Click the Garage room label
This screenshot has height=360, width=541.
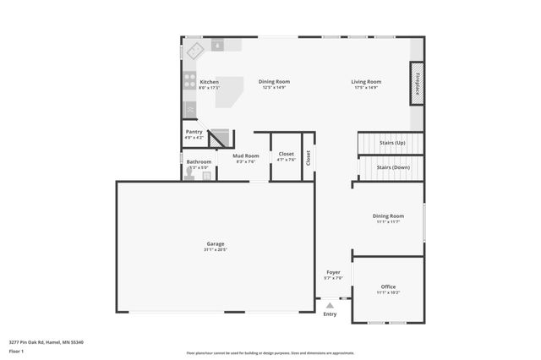pos(216,243)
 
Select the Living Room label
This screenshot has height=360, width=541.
pos(366,82)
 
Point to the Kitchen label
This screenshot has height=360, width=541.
pos(209,82)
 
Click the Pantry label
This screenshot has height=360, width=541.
pos(194,132)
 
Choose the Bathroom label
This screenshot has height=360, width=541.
pos(199,161)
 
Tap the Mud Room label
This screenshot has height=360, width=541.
pos(245,155)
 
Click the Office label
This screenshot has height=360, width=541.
pos(388,286)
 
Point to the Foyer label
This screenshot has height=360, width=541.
pos(333,272)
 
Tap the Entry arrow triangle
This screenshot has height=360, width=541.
pos(330,305)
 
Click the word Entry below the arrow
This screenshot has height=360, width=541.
pos(330,314)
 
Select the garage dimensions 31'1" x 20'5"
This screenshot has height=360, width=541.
pos(216,249)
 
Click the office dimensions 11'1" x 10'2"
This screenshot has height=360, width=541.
pos(388,292)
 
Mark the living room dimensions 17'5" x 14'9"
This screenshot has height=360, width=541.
pos(366,88)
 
